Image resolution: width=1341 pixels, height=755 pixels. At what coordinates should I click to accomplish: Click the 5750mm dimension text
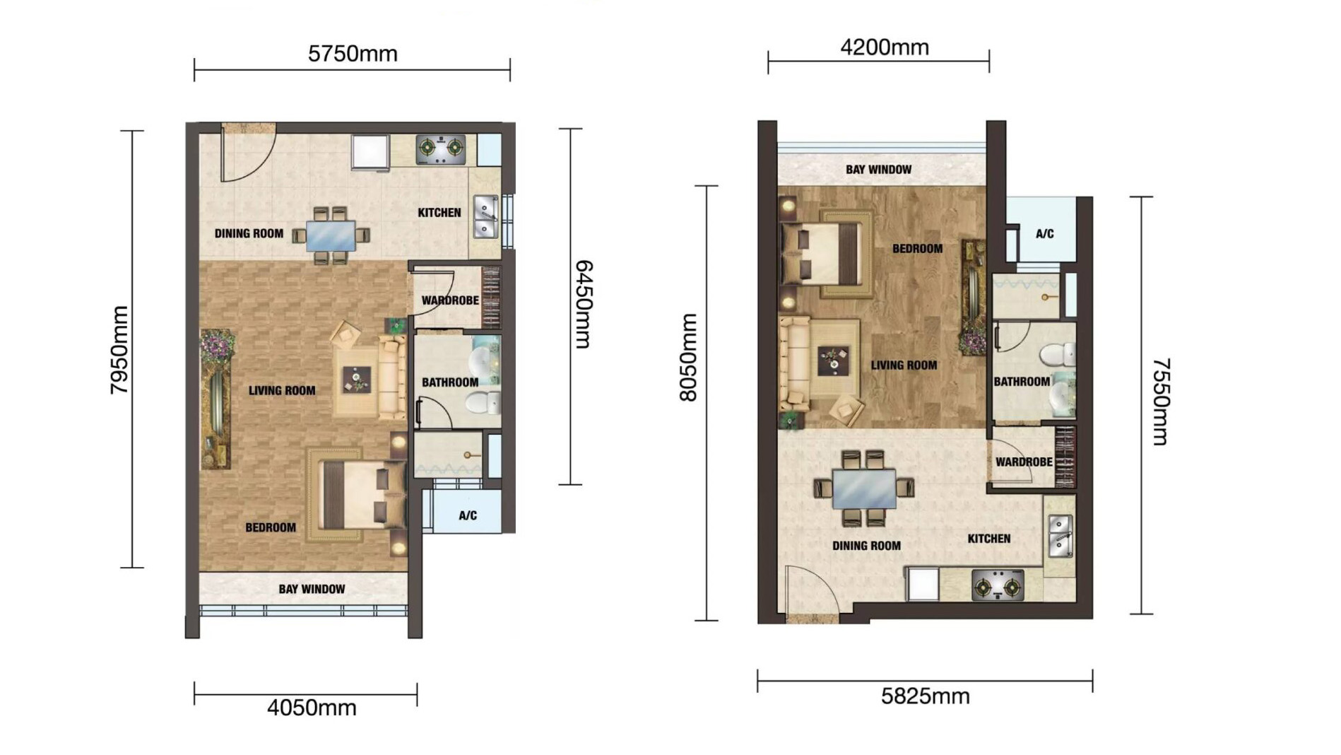tap(353, 54)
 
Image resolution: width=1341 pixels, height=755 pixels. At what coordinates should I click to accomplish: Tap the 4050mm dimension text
tap(312, 708)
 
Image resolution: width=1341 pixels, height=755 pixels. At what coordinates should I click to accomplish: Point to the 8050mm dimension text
tap(687, 358)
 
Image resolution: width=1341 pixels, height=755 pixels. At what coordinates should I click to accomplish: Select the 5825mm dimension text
tap(925, 696)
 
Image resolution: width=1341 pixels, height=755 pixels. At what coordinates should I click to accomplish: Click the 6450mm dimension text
tap(584, 304)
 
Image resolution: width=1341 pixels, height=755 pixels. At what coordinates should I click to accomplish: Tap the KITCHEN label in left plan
tap(439, 212)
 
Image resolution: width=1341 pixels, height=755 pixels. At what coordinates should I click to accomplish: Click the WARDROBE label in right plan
tap(1024, 462)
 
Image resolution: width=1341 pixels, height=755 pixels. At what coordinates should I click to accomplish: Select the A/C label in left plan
tap(468, 515)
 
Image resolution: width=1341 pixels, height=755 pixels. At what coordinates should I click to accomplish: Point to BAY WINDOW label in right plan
tap(878, 170)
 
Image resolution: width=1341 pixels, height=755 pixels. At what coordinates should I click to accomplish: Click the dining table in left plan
tap(331, 235)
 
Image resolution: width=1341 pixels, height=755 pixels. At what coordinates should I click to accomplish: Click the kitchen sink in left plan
tap(485, 217)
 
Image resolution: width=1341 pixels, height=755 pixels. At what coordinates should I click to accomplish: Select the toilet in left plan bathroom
tap(483, 404)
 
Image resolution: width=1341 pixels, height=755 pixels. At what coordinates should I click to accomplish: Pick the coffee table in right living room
tap(834, 361)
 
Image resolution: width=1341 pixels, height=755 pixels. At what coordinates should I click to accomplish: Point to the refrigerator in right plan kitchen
tap(922, 585)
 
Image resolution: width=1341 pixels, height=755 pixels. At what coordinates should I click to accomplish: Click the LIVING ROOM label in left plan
tap(282, 390)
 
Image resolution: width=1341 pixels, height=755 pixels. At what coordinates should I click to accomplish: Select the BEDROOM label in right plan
tap(917, 249)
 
